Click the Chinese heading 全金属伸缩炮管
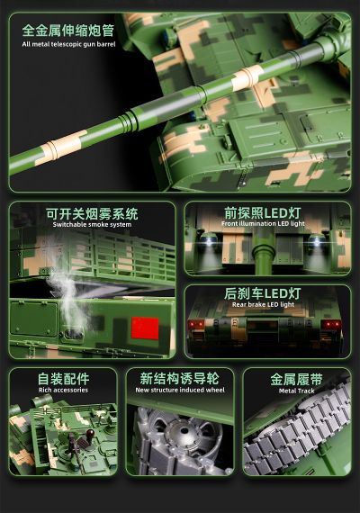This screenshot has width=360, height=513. click(x=68, y=30)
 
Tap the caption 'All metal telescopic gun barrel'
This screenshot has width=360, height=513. click(x=68, y=43)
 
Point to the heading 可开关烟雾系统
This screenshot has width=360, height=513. click(x=92, y=214)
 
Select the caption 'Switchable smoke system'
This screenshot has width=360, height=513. click(x=92, y=225)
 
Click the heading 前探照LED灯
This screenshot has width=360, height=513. click(x=264, y=213)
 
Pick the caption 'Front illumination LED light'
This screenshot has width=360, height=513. click(x=264, y=224)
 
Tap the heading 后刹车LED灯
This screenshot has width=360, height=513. click(x=264, y=294)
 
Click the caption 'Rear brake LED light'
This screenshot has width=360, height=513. click(x=264, y=305)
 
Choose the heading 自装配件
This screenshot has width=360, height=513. click(x=63, y=379)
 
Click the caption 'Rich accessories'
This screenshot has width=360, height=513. click(x=63, y=390)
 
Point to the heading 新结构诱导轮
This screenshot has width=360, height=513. click(x=179, y=379)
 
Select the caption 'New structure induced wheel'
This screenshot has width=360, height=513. click(x=179, y=390)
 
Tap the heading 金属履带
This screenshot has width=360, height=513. click(x=296, y=379)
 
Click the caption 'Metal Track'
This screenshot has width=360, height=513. click(x=296, y=391)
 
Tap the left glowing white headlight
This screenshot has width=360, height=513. click(x=207, y=245)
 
